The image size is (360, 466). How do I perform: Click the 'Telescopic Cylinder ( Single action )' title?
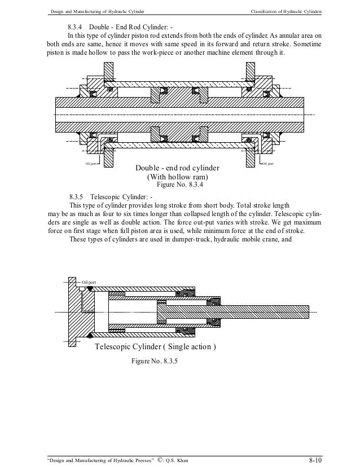click(155, 346)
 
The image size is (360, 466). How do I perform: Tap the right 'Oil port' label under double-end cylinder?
click(267, 164)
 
